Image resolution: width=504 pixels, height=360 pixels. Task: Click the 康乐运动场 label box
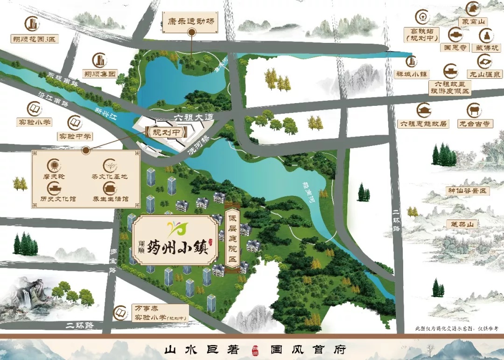tap(191, 21)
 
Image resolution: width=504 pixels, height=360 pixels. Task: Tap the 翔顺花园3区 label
tap(34, 39)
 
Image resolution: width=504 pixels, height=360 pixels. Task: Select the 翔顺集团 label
tap(99, 74)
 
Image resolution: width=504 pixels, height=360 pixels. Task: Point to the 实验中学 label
tap(75, 136)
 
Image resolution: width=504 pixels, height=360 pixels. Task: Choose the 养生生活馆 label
tap(110, 199)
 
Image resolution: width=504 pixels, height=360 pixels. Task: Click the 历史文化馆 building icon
tap(54, 187)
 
